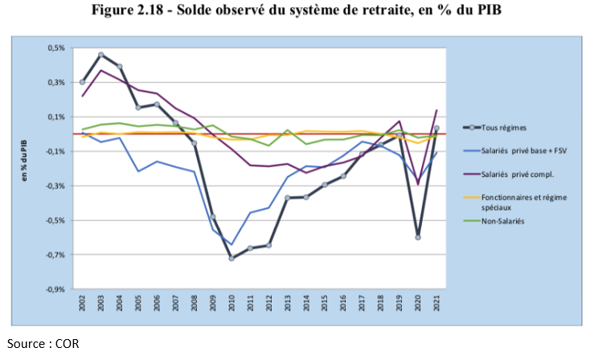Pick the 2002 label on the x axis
click(83, 305)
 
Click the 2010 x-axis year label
click(231, 305)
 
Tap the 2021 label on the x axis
click(437, 305)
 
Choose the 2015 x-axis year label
click(325, 305)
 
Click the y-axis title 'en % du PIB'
click(25, 169)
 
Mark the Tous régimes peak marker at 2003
click(101, 55)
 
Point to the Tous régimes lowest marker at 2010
click(231, 258)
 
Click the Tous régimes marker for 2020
click(418, 237)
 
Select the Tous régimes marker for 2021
click(436, 128)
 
